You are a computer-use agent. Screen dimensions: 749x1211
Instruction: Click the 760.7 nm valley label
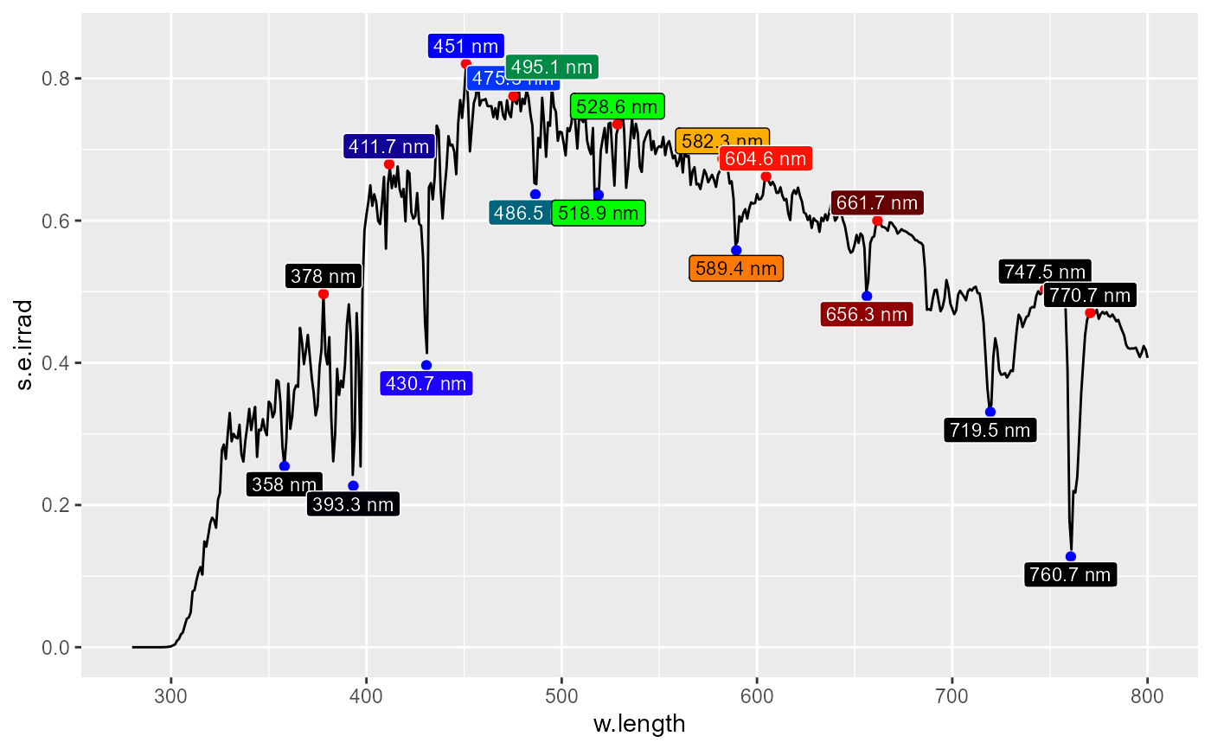pyautogui.click(x=1070, y=574)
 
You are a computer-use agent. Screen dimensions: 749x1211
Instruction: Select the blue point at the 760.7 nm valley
pyautogui.click(x=1071, y=556)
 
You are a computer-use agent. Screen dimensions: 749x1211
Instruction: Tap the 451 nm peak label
pyautogui.click(x=465, y=46)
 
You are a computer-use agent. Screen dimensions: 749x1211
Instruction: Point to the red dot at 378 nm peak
pyautogui.click(x=324, y=294)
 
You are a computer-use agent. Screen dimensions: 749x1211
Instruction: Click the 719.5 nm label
pyautogui.click(x=990, y=430)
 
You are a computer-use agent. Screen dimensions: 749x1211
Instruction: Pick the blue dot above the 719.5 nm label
pyautogui.click(x=990, y=412)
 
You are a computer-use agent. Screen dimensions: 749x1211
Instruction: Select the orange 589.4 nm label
pyautogui.click(x=736, y=268)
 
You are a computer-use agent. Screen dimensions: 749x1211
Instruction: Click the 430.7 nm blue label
pyautogui.click(x=426, y=383)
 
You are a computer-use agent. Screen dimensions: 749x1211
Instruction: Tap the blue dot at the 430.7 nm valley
pyautogui.click(x=426, y=365)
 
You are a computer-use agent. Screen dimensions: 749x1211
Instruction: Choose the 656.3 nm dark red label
pyautogui.click(x=866, y=314)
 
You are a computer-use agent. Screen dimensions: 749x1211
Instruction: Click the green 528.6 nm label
pyautogui.click(x=617, y=106)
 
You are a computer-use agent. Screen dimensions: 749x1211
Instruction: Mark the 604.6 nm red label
pyautogui.click(x=766, y=159)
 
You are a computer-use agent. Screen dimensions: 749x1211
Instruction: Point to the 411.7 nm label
pyautogui.click(x=388, y=147)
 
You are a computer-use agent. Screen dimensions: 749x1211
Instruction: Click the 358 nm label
pyautogui.click(x=285, y=484)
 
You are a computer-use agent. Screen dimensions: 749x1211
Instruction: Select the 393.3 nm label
pyautogui.click(x=353, y=504)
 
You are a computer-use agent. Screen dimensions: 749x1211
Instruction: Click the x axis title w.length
pyautogui.click(x=639, y=724)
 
